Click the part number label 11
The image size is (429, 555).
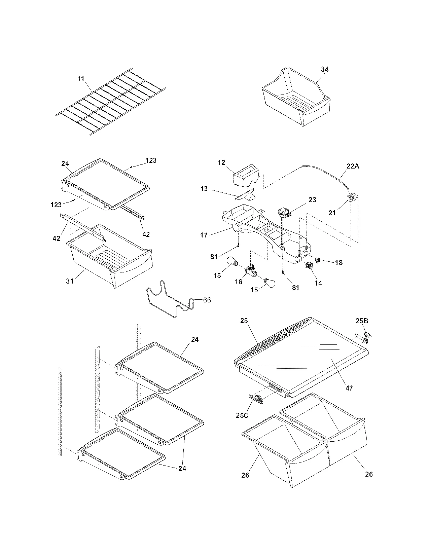(x=81, y=78)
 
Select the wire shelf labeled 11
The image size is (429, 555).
(x=111, y=103)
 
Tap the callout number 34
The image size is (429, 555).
(x=325, y=69)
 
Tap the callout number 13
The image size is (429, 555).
(x=204, y=189)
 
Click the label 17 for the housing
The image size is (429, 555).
(x=204, y=235)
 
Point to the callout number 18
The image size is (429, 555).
(x=339, y=262)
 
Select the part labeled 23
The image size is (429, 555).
(x=284, y=213)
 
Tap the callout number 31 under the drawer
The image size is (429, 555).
(x=70, y=281)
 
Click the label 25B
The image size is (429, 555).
(x=362, y=321)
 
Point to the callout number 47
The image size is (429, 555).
(x=349, y=388)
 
